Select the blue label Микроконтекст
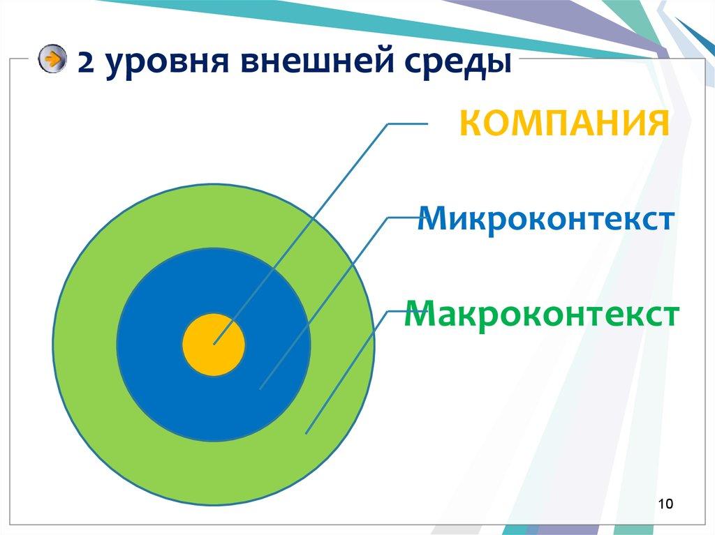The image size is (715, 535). (545, 220)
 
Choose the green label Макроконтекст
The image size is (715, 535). (542, 314)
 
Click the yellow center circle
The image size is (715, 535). (214, 345)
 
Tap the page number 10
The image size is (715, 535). (665, 504)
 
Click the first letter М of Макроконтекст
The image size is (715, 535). (419, 314)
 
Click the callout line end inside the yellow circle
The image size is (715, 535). (214, 343)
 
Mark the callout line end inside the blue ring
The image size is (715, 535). (260, 388)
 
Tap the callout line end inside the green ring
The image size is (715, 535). (307, 433)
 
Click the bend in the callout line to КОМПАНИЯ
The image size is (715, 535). (388, 125)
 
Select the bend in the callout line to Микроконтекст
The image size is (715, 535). (388, 217)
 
